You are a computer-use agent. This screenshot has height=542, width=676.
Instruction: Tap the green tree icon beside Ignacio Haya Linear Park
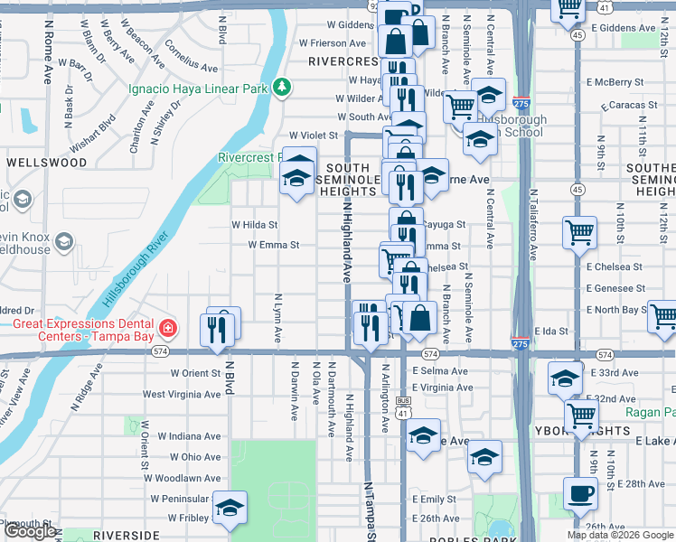283,87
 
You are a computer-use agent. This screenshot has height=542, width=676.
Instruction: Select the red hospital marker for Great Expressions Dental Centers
166,326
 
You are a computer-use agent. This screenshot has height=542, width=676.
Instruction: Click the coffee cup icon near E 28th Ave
579,493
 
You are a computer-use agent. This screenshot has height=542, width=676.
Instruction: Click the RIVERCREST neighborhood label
343,61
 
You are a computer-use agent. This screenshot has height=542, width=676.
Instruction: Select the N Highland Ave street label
346,241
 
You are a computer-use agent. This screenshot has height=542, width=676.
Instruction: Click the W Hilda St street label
254,224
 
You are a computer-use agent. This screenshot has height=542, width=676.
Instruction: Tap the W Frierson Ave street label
333,42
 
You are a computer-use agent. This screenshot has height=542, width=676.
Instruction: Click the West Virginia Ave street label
182,394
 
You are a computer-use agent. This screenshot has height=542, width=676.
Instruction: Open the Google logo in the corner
30,531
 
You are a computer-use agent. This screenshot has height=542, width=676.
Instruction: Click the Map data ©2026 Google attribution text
620,535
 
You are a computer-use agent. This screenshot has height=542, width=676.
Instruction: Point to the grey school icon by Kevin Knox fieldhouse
64,241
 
